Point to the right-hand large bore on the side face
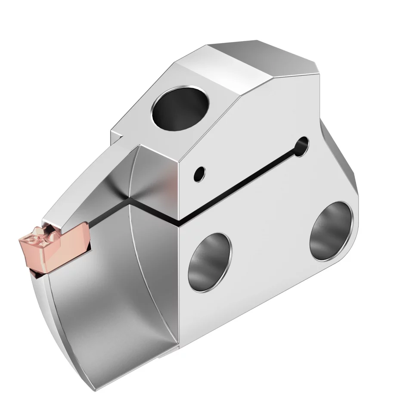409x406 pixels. pos(331,230)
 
